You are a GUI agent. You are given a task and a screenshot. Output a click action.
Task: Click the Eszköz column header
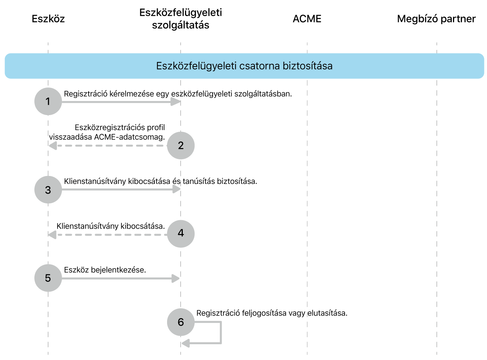(x=48, y=19)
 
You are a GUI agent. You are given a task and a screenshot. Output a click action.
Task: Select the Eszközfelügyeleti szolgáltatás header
(x=181, y=19)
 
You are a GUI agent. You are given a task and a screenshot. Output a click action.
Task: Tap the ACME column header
(x=307, y=19)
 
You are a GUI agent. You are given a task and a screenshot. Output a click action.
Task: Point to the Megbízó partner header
(x=436, y=19)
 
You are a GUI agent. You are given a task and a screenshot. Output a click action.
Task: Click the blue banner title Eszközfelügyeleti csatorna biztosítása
(x=244, y=66)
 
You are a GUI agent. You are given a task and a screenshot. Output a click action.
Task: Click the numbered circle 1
(x=48, y=101)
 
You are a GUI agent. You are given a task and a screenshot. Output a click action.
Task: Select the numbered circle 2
(x=181, y=145)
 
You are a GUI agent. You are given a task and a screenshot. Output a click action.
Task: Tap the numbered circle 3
(x=48, y=190)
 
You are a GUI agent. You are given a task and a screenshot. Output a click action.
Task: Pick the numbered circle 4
(x=181, y=234)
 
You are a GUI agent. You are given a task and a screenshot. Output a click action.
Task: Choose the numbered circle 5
(x=48, y=278)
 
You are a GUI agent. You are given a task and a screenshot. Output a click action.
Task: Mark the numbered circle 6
(x=181, y=322)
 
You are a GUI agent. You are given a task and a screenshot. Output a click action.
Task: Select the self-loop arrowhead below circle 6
(x=185, y=343)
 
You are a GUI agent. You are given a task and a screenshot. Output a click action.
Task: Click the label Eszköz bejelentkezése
(x=105, y=270)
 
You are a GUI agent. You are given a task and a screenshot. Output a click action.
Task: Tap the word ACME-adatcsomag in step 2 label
(x=129, y=137)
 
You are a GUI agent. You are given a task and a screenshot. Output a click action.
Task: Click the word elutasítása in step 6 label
(x=327, y=313)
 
